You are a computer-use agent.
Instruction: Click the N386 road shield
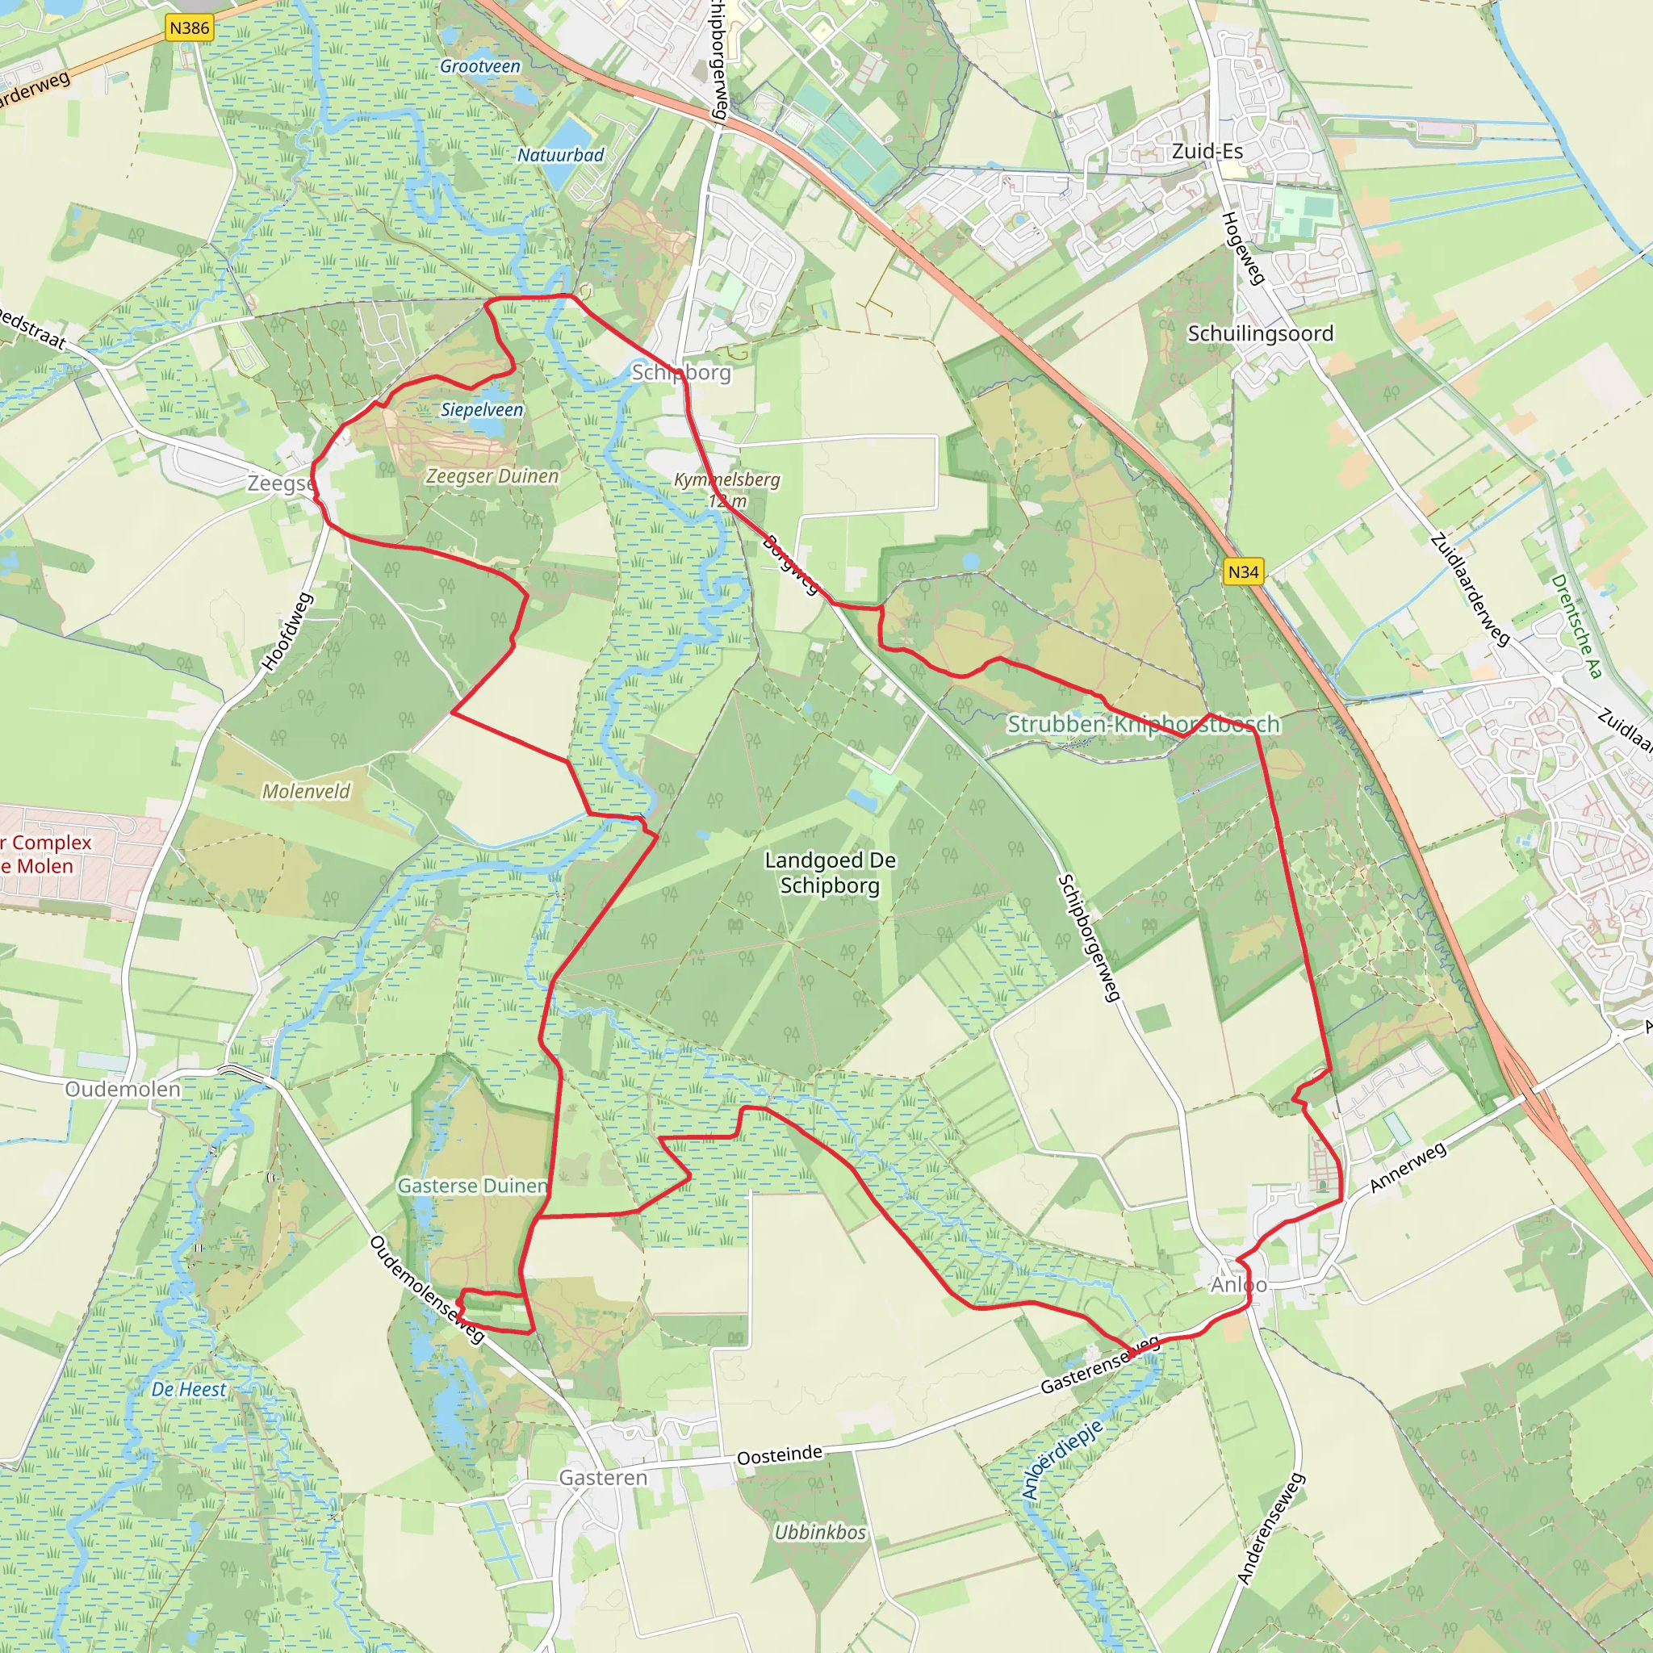189,28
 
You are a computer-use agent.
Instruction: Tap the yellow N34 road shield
1243,571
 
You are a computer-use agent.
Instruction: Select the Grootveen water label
480,67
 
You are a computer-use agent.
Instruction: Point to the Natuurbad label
560,155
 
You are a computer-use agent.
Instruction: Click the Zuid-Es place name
1207,152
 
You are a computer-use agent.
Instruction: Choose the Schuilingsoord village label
1260,333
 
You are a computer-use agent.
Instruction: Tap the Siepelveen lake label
482,410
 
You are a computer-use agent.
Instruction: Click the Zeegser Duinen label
492,476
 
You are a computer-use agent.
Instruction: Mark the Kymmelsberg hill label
726,481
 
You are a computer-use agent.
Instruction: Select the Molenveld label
306,792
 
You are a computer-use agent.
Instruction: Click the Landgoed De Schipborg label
830,873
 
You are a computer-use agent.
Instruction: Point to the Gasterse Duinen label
472,1186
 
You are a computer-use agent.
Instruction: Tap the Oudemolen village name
123,1089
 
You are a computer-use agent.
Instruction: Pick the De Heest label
189,1390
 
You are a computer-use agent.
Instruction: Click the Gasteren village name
603,1478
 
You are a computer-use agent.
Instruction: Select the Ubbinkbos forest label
820,1533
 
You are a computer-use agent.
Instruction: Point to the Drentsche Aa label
1576,626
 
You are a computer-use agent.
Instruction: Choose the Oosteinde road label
780,1455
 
